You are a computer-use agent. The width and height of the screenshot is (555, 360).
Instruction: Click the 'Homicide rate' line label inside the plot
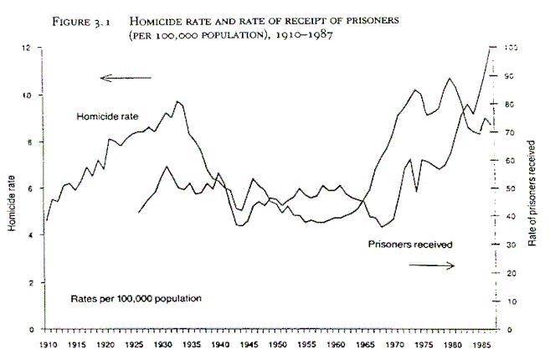point(106,116)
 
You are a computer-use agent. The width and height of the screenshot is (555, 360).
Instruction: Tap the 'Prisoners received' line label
point(409,244)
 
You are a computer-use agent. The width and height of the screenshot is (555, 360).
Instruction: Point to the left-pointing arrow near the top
point(126,78)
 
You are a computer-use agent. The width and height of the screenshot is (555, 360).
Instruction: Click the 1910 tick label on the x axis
point(46,343)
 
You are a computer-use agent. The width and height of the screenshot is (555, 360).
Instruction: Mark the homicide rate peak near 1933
point(177,101)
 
